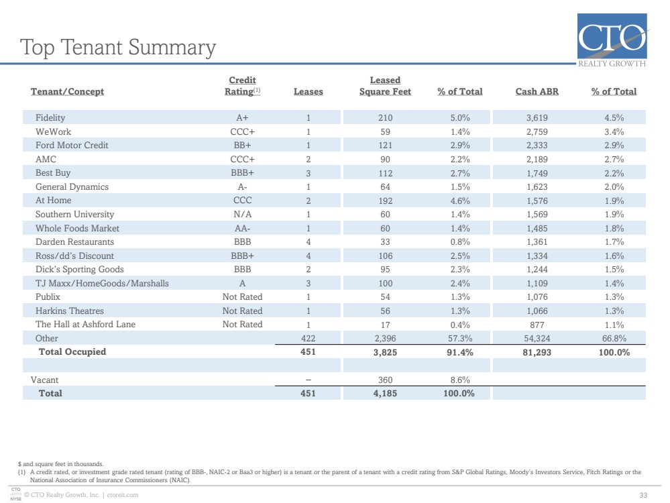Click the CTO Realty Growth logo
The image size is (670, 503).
[612, 40]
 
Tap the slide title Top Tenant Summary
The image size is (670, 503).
[118, 48]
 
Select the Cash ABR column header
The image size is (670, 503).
[537, 91]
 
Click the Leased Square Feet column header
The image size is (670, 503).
[385, 86]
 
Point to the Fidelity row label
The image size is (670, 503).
[50, 117]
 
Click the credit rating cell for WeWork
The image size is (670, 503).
[242, 131]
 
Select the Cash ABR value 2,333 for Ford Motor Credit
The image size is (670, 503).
[537, 146]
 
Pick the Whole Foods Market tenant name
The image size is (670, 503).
[77, 228]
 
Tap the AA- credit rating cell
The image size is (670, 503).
[242, 228]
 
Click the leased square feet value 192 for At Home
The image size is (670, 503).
[385, 201]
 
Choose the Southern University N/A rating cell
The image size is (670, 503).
[242, 214]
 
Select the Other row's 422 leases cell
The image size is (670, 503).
[308, 339]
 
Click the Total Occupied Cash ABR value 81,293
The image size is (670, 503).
[537, 353]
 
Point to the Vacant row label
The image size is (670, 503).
[44, 380]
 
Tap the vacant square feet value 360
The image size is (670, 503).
[385, 380]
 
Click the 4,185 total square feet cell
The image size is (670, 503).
[385, 394]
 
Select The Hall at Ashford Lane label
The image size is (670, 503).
[85, 325]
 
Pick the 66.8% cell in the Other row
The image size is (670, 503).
[614, 339]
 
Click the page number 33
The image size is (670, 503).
[643, 496]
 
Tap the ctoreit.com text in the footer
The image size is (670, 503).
[123, 495]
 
